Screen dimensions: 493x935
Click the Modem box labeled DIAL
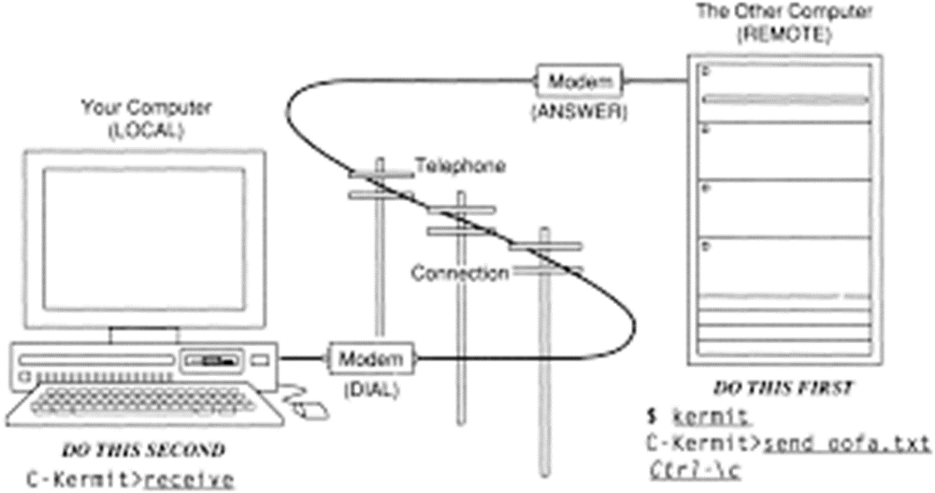click(370, 358)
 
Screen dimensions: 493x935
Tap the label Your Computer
click(145, 109)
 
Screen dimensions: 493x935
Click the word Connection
click(460, 274)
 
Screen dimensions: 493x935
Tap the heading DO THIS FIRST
click(783, 388)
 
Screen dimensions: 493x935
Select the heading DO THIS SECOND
click(143, 450)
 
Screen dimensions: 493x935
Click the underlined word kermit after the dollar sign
click(699, 415)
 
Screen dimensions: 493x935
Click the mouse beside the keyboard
click(310, 408)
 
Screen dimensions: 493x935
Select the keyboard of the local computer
click(140, 398)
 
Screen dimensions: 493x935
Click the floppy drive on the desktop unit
click(211, 359)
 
